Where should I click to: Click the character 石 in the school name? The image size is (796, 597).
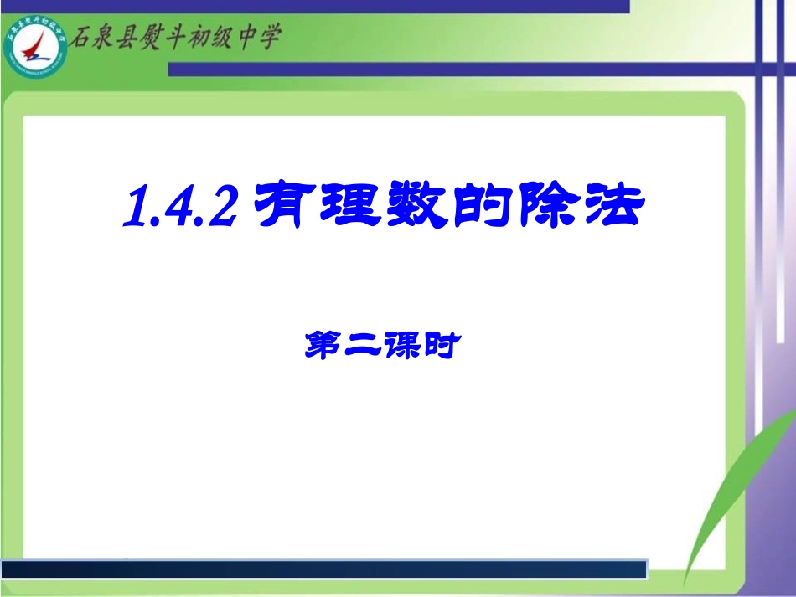82,38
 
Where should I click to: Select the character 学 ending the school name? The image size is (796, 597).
268,38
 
